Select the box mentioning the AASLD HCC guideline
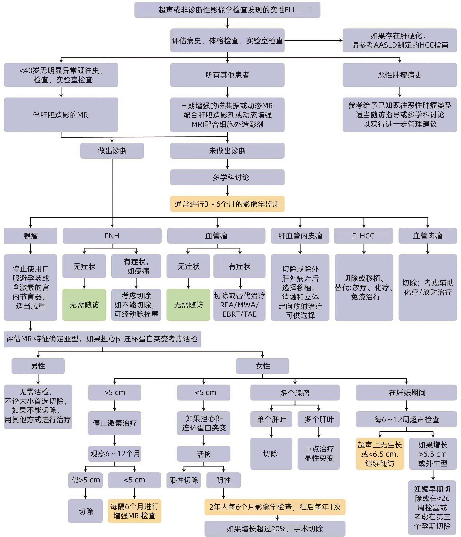coord(399,40)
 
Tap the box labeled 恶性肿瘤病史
coord(399,75)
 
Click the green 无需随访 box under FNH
coord(84,305)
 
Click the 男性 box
coord(38,366)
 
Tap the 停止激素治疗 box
coord(115,423)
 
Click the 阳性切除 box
coord(183,480)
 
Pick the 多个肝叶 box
coord(319,419)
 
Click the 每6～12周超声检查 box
coord(406,419)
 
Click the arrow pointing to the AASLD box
coord(314,40)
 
